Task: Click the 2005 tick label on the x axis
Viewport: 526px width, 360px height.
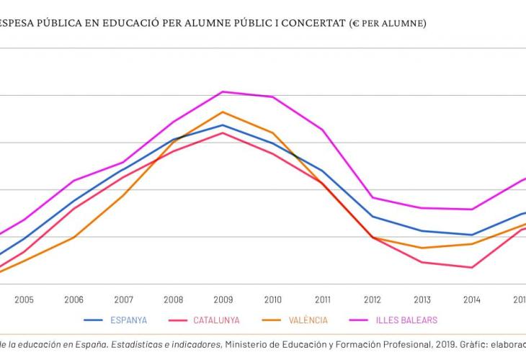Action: tap(24, 300)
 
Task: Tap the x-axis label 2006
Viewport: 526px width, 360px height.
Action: tap(73, 300)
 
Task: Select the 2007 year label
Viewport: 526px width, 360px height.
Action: tap(123, 300)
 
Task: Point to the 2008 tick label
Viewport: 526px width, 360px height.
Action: tap(173, 300)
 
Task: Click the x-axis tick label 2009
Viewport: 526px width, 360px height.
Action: tap(223, 300)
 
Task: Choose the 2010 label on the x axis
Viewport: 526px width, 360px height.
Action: tap(272, 300)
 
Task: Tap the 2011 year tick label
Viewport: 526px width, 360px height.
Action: tap(322, 300)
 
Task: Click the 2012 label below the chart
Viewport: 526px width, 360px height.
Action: tap(372, 300)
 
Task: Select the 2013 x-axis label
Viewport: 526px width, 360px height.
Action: tap(422, 300)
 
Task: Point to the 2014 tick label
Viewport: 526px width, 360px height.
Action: tap(471, 300)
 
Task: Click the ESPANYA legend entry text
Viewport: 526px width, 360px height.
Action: tap(129, 320)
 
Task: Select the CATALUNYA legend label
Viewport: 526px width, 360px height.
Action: tap(216, 320)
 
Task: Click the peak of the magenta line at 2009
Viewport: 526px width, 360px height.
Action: tap(223, 91)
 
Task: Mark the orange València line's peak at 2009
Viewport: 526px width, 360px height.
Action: tap(223, 112)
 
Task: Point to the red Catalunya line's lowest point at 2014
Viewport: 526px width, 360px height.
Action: tap(471, 268)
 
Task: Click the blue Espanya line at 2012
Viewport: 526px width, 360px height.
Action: tap(372, 216)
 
